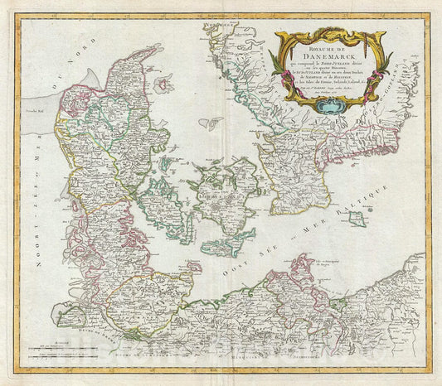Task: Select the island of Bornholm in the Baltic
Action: click(357, 219)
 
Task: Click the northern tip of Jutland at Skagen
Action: click(156, 48)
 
